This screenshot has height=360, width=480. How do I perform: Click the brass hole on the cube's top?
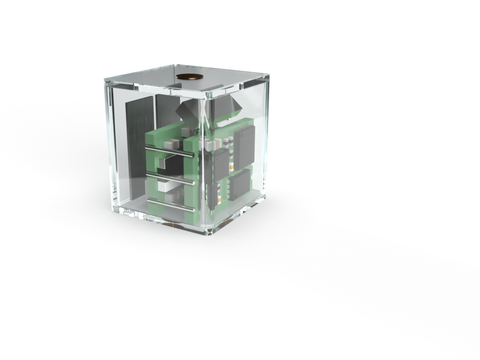[x=187, y=76]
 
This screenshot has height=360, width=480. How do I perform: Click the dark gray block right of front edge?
[x=228, y=105]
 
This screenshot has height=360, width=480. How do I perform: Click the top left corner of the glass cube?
[x=105, y=80]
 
